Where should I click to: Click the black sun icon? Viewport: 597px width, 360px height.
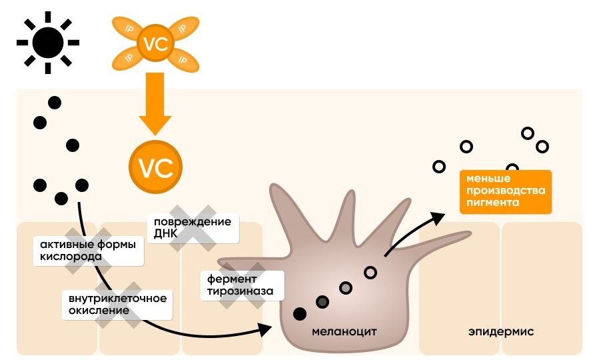[47, 43]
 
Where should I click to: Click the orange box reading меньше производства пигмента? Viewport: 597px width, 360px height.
[506, 191]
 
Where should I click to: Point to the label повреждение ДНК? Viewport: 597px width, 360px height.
[193, 228]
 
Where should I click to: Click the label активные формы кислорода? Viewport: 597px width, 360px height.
[87, 250]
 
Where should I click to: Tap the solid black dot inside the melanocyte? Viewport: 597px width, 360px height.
[300, 313]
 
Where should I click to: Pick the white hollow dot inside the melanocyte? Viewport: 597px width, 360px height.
[370, 272]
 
